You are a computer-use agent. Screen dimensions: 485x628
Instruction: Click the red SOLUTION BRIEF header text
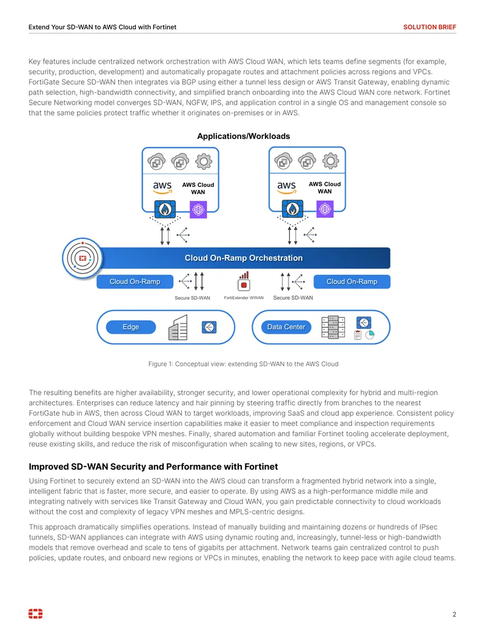(429, 27)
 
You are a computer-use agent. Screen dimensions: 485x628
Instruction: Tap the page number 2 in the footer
(454, 614)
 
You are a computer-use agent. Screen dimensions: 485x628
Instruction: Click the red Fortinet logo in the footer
(35, 613)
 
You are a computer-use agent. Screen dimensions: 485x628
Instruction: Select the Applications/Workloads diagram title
(243, 136)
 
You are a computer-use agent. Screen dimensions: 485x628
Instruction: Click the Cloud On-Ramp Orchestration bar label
(243, 258)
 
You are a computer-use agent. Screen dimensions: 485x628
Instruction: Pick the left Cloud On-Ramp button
(135, 282)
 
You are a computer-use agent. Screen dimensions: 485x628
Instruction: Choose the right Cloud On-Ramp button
(352, 282)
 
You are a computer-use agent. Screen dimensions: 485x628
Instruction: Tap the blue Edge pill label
(131, 327)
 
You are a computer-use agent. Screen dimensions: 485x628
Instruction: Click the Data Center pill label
(286, 327)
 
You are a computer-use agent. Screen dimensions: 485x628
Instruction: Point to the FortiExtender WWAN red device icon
(244, 281)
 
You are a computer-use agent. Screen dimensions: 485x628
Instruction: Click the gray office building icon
(178, 327)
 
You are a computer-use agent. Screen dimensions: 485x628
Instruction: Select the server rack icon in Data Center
(333, 327)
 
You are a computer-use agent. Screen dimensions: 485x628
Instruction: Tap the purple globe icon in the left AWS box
(198, 209)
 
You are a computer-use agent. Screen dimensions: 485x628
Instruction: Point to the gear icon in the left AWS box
(204, 161)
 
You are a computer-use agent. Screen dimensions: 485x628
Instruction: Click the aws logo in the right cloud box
(287, 187)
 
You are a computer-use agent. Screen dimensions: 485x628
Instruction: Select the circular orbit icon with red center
(82, 258)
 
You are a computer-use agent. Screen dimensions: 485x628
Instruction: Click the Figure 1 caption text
(243, 364)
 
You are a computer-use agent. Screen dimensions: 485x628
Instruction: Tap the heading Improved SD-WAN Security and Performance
(153, 467)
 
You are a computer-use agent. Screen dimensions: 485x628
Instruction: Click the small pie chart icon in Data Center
(370, 335)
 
